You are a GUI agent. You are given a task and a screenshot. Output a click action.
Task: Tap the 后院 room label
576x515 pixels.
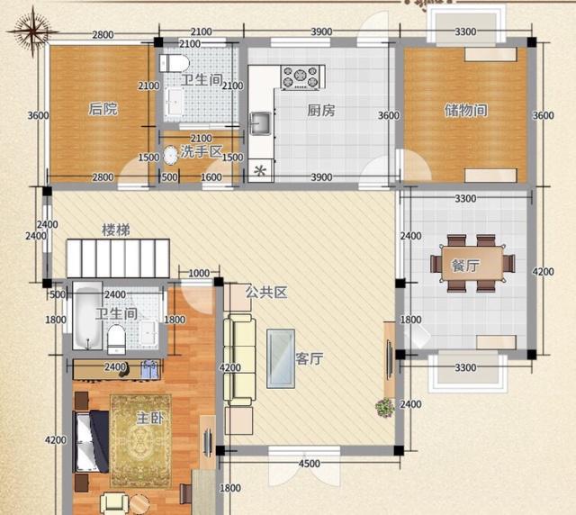coord(103,110)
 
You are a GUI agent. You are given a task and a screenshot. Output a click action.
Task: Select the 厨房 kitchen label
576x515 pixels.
coord(321,111)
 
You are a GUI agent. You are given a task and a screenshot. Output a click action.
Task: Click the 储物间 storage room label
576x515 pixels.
coord(465,111)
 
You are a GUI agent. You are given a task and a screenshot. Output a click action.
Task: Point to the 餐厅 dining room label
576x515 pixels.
coord(465,266)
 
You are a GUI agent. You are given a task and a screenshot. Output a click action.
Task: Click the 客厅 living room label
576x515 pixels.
coord(310,358)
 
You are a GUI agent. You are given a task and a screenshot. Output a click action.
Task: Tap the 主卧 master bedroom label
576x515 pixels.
coord(148,420)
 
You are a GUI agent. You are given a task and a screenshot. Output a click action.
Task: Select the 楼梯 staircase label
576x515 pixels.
coord(115,230)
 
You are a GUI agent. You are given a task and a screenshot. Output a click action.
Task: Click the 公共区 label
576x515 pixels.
coord(266,293)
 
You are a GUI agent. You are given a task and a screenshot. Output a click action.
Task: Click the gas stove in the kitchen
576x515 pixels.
coord(301,77)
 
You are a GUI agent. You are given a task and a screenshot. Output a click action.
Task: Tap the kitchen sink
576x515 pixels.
coord(262,122)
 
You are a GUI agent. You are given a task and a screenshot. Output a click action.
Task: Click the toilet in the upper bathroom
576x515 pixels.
coord(173,63)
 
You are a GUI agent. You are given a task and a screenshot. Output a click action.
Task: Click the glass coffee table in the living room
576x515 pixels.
coord(283,357)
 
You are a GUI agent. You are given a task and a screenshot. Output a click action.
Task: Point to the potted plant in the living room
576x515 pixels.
coord(384,407)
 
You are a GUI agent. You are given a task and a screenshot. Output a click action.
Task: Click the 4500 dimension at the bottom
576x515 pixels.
coord(309,465)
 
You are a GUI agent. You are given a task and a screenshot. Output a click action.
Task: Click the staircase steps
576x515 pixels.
coord(117,259)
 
